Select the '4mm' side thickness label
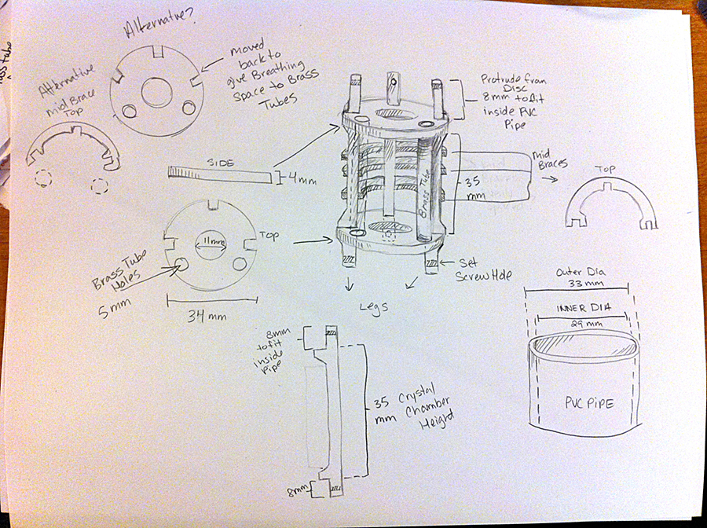305,181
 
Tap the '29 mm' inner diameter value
581,323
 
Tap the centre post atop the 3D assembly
394,88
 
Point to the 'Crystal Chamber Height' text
416,409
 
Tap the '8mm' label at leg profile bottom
298,493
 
